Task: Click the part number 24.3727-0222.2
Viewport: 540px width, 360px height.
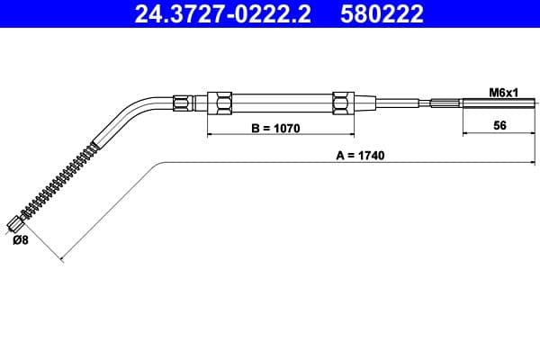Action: coord(222,13)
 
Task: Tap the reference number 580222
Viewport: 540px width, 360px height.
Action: coord(382,13)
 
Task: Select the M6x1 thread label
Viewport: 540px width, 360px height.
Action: coord(503,93)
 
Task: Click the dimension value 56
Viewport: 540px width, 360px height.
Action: coord(499,125)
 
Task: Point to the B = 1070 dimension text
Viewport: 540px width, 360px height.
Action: coord(275,129)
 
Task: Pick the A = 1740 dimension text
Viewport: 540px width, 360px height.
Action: coord(360,156)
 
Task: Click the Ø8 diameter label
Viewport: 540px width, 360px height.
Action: coord(21,240)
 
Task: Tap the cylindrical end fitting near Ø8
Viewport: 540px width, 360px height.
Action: coord(15,224)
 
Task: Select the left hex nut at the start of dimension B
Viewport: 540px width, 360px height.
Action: coord(220,103)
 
